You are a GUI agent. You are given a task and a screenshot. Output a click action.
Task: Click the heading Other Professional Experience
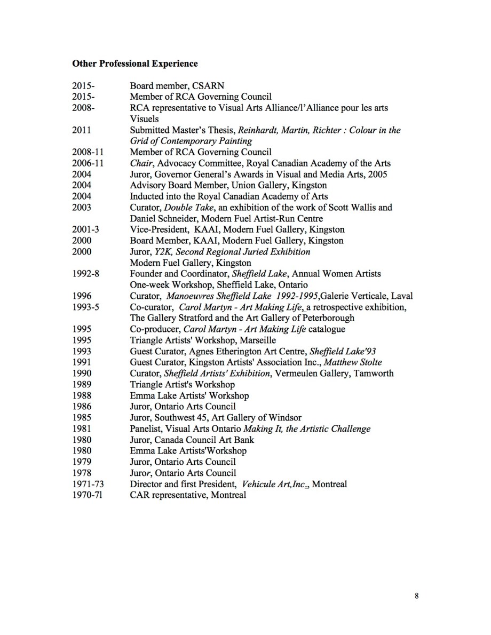pos(135,63)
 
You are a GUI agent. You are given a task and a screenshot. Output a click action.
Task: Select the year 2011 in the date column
pos(81,130)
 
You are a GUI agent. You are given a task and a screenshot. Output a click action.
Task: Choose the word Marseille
pos(257,340)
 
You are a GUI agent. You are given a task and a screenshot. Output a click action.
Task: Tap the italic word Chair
pos(141,163)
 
